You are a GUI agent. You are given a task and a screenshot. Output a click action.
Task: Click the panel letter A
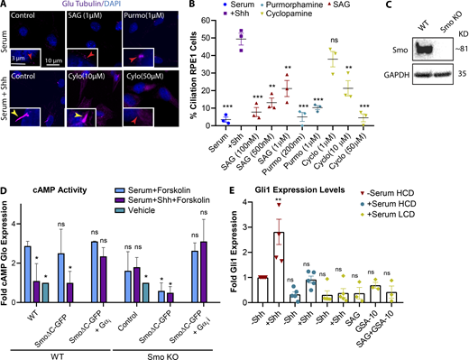5,6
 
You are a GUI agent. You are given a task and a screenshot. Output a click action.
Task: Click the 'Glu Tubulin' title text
89,7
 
